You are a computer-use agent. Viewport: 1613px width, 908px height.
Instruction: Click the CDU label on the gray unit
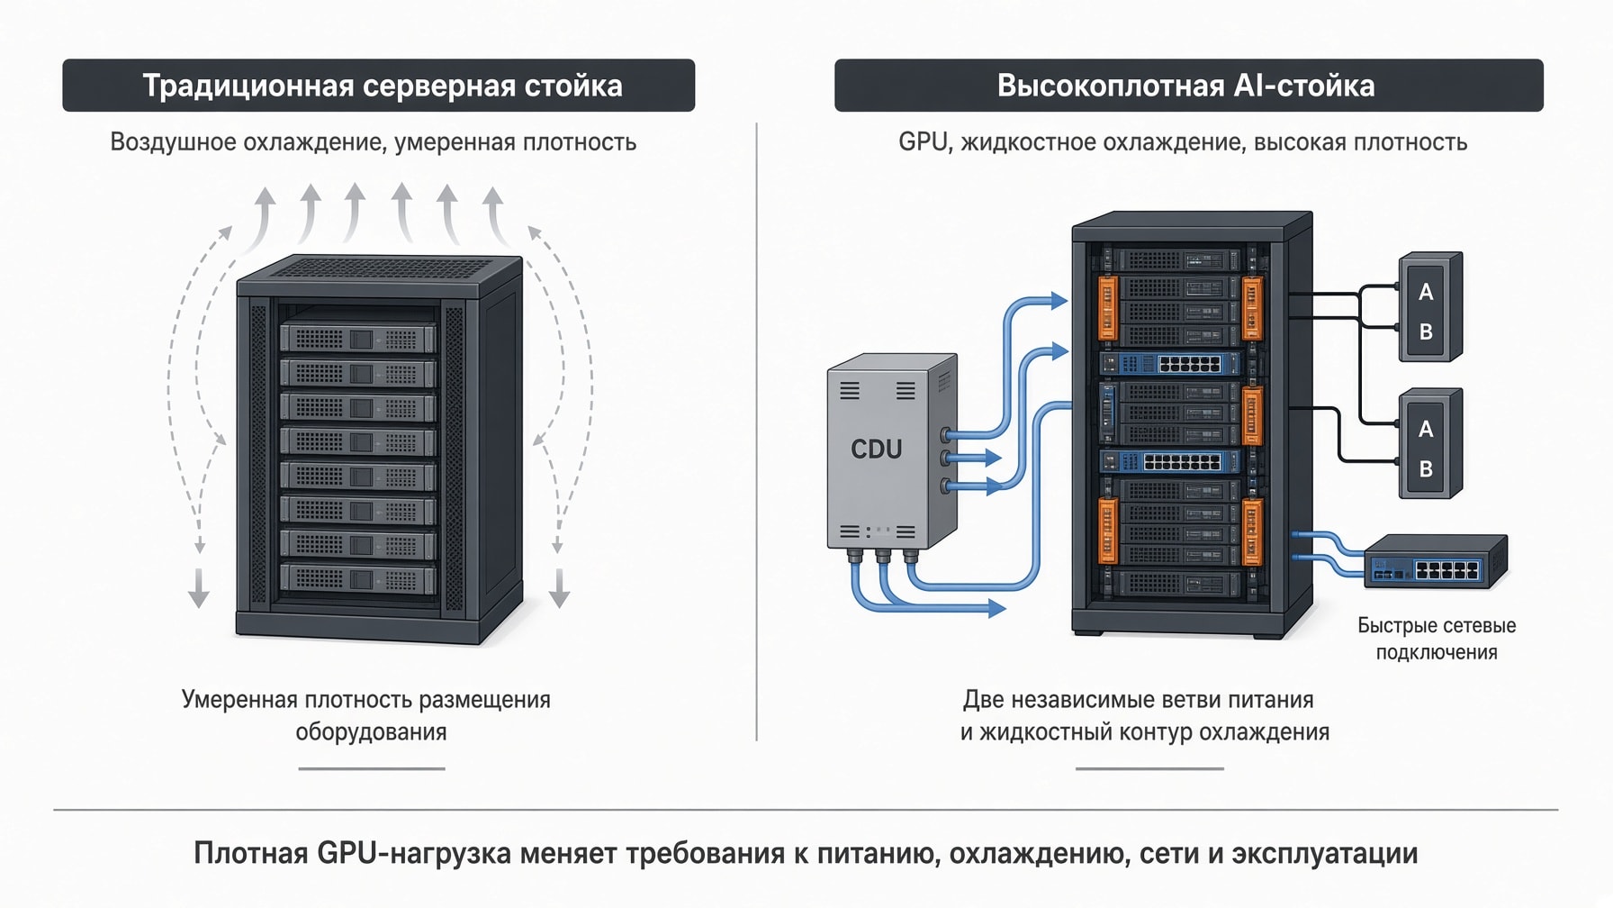tap(876, 449)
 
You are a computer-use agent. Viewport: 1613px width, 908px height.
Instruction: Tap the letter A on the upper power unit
tap(1426, 292)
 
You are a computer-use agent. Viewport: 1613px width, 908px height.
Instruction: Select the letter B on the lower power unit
tap(1426, 468)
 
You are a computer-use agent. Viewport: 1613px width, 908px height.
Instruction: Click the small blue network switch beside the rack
tap(1436, 561)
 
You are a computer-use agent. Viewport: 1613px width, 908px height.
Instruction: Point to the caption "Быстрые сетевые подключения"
tap(1437, 639)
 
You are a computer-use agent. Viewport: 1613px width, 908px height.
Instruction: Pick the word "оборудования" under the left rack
tap(371, 731)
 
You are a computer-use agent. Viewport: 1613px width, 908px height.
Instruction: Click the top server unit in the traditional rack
tap(358, 339)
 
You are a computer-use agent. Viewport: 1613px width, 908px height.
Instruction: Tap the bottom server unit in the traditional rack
tap(358, 579)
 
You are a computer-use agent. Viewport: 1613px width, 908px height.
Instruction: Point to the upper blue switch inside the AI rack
tap(1170, 364)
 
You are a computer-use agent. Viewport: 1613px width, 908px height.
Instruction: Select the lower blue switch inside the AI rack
tap(1170, 462)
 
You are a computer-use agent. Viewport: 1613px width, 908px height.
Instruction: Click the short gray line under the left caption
tap(372, 768)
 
